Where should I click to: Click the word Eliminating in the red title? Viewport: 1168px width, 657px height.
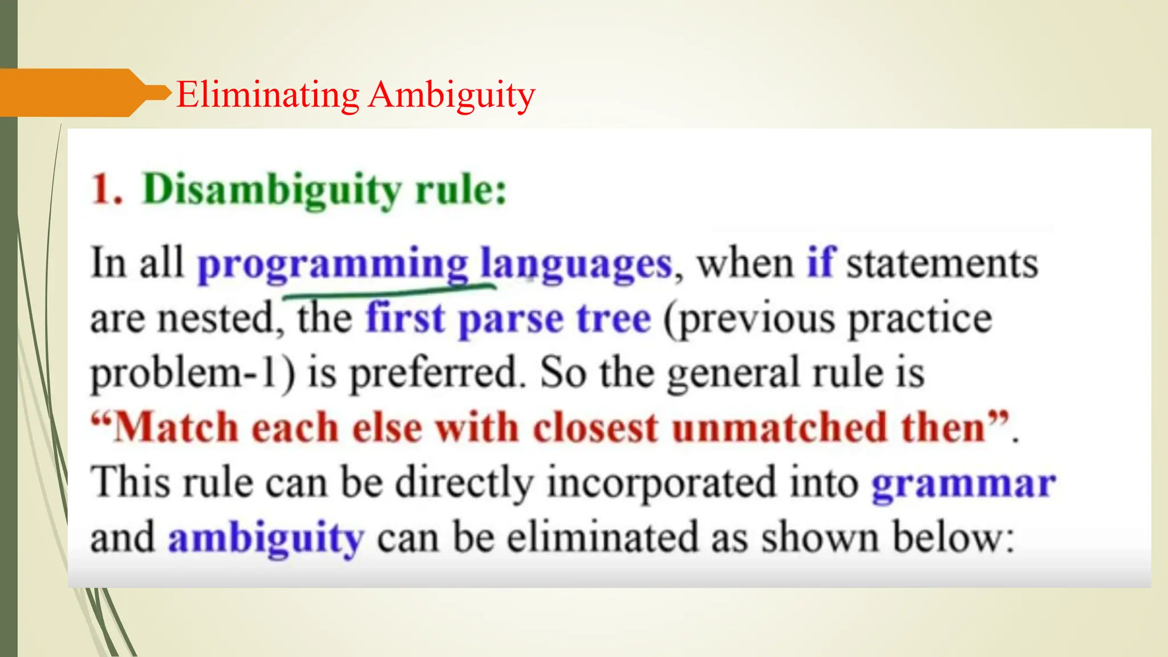pos(267,94)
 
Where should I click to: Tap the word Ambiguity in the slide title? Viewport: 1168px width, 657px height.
pos(451,95)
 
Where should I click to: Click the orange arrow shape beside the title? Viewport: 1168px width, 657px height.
pos(74,92)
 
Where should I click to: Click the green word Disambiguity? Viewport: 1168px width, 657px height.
pos(272,190)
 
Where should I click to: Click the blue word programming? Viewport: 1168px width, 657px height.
pos(332,264)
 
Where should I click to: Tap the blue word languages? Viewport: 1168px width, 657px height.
pos(576,264)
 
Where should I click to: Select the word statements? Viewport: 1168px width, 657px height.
pos(942,263)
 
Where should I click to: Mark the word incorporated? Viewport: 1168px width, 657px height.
pos(662,482)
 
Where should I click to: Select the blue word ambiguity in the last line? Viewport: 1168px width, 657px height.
pos(266,538)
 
